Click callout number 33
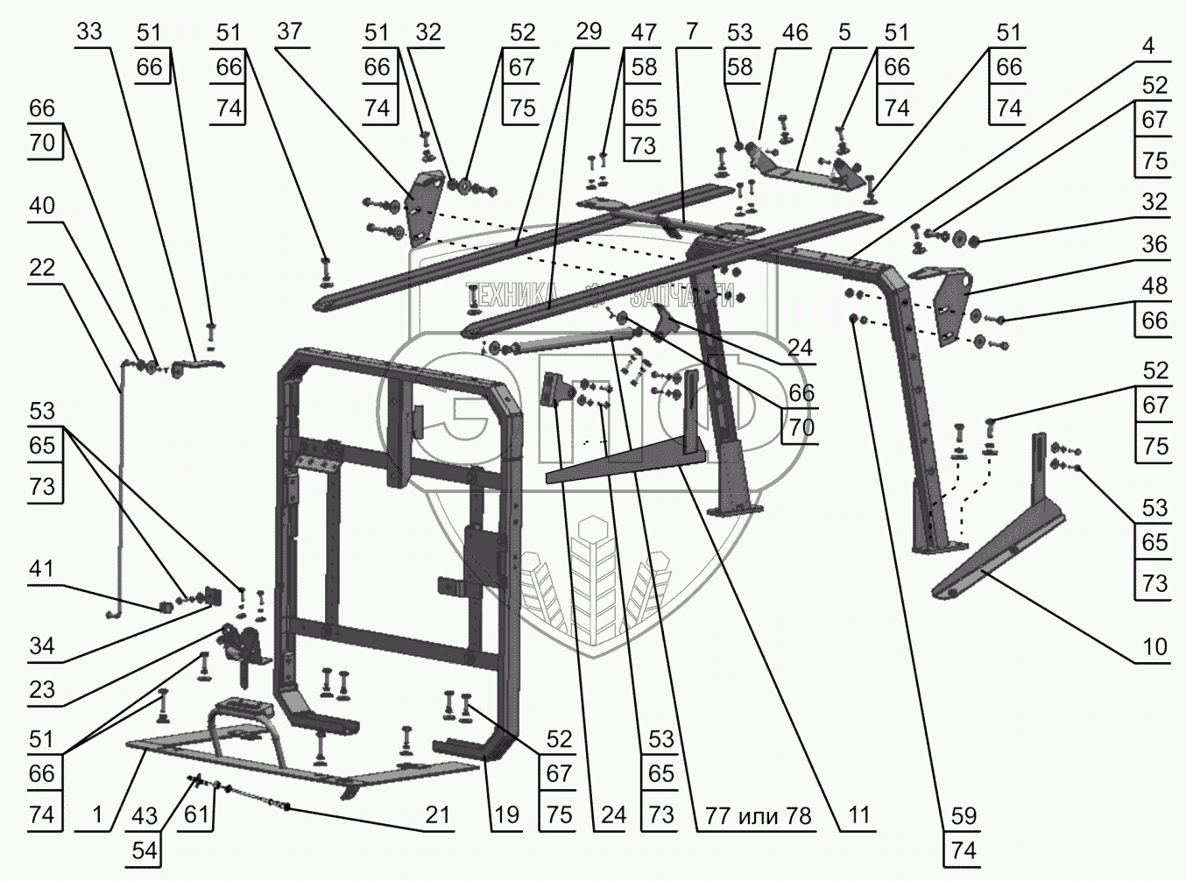89,32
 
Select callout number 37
289,32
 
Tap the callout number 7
692,32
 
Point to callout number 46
794,32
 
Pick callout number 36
1154,243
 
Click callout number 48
1154,285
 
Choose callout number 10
1154,646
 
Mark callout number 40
42,206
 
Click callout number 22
42,267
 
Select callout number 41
42,569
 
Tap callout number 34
42,646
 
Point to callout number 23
42,690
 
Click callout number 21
437,815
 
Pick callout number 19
506,815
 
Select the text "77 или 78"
759,815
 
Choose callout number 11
858,815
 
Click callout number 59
963,815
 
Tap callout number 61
197,815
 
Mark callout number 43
145,815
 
